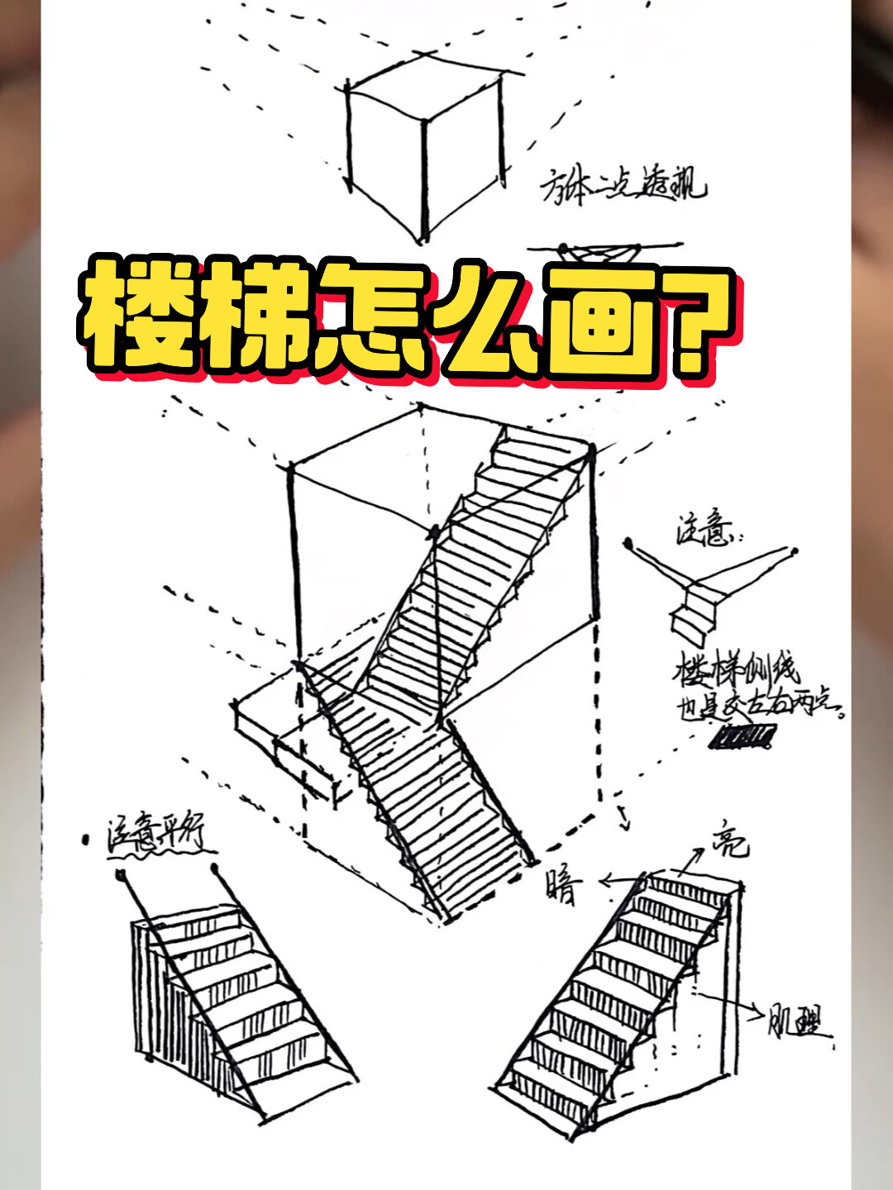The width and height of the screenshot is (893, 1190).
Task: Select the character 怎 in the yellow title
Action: coord(372,318)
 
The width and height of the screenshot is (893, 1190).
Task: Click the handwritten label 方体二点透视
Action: coord(623,187)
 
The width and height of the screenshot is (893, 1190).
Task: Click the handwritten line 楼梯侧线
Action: coord(736,669)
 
